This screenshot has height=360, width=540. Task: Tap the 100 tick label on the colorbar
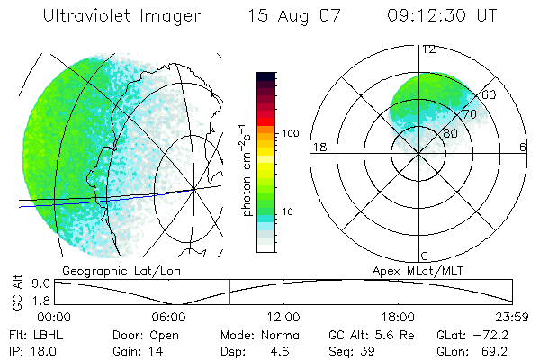(x=290, y=133)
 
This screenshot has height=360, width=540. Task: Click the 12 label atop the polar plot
(x=429, y=50)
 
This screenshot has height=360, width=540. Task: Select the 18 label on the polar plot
(x=319, y=147)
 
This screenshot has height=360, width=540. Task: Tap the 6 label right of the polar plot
(x=523, y=147)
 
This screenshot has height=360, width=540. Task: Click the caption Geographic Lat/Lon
(x=112, y=270)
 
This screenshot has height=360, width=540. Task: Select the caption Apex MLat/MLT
(x=410, y=270)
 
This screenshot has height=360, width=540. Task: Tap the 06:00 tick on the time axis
(x=169, y=317)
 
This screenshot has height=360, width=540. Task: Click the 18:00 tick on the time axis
(x=398, y=317)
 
